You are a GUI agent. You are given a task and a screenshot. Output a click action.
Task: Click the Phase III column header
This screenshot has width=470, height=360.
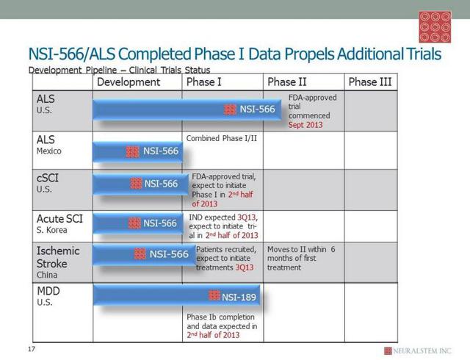(370, 82)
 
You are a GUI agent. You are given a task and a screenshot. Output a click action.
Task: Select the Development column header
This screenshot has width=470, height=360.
(129, 82)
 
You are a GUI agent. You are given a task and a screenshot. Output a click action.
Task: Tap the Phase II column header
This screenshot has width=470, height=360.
(287, 82)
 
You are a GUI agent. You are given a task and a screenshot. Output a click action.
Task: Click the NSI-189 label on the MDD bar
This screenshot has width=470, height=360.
(239, 297)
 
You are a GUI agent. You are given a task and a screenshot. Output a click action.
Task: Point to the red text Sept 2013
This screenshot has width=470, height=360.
(305, 125)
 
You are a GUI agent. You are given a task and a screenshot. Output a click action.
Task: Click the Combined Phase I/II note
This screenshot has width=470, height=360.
(222, 138)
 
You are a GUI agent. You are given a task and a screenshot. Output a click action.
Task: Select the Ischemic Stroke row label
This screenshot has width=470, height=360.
(58, 257)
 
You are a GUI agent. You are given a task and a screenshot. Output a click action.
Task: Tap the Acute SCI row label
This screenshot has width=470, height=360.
(59, 219)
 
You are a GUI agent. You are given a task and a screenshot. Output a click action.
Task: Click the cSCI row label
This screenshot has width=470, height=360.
(48, 178)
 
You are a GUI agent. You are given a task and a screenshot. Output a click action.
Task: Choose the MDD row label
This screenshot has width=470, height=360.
(48, 291)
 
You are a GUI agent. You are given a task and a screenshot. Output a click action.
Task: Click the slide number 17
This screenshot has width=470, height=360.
(32, 349)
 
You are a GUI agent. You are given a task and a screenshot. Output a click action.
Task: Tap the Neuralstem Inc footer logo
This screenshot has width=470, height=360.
(418, 350)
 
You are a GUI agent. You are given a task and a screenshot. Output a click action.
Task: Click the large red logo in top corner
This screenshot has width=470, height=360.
(435, 27)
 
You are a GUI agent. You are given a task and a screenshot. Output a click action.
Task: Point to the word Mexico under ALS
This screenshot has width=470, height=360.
(49, 151)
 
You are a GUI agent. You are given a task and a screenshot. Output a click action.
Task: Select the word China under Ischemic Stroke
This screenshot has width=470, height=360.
(47, 275)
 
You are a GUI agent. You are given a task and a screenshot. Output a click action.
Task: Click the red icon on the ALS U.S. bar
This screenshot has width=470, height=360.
(230, 109)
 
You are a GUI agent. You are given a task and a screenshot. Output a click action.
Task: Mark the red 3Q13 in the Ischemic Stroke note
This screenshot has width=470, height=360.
(245, 267)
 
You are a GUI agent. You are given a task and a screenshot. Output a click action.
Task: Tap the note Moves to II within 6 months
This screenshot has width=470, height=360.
(301, 258)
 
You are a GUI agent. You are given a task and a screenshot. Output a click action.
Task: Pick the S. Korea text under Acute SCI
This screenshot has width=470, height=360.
(52, 230)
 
